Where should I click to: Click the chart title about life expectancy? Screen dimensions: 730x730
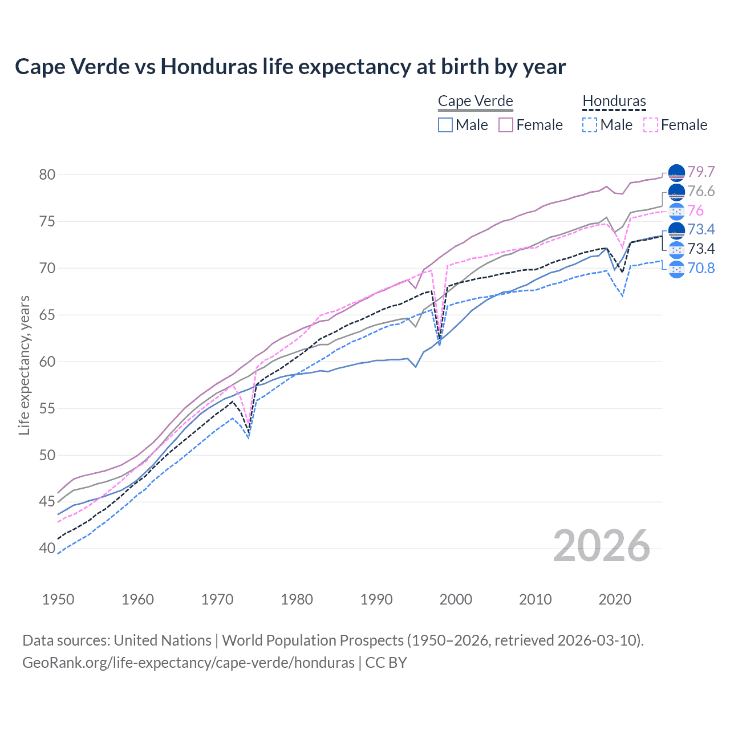pos(290,67)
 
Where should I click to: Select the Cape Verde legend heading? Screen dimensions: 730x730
pos(476,101)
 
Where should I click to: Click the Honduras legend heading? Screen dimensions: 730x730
pos(614,101)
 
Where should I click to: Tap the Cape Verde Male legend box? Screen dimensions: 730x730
pos(445,125)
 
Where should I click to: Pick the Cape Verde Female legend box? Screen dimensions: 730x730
pos(506,125)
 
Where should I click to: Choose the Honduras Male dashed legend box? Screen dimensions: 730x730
pos(590,125)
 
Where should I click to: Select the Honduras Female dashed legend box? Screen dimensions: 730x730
pos(651,125)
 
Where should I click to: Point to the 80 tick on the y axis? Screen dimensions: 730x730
pos(47,175)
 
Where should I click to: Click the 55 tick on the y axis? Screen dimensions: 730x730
pos(47,408)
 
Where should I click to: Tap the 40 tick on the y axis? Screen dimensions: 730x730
pos(47,549)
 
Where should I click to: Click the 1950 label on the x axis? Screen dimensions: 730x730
pos(58,599)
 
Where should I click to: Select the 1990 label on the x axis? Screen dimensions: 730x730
pos(376,599)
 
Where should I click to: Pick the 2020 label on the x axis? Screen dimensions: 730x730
pos(615,599)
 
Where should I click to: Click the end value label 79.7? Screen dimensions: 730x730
pos(701,172)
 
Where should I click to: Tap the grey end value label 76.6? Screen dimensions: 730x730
pos(701,191)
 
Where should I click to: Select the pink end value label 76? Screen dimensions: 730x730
pos(695,210)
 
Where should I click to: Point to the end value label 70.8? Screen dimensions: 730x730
pos(701,268)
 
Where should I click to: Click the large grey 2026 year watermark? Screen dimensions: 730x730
pos(602,546)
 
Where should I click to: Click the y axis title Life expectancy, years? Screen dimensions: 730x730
pos(25,365)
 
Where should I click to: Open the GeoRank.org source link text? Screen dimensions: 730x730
pos(188,663)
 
